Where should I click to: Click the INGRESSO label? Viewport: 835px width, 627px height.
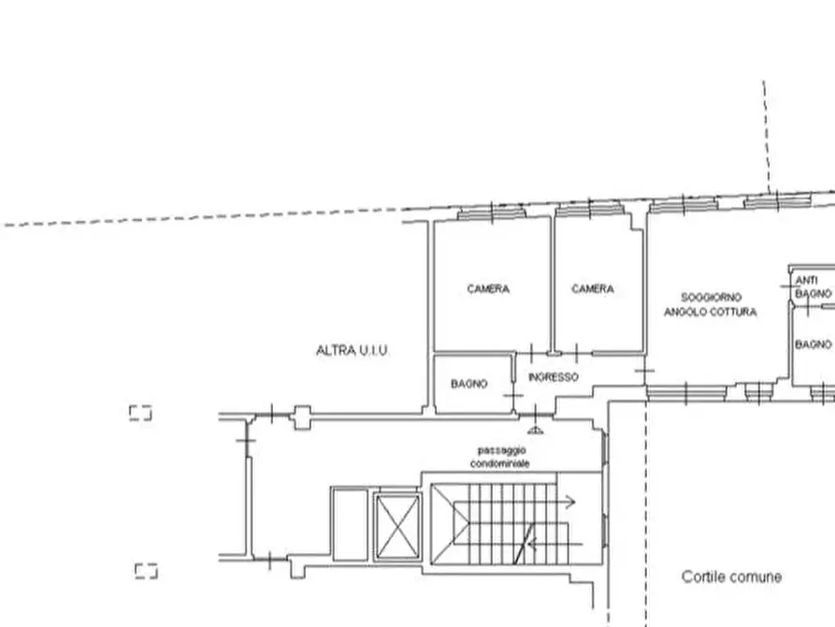pyautogui.click(x=553, y=377)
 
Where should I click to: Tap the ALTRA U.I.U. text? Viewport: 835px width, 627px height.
pyautogui.click(x=352, y=350)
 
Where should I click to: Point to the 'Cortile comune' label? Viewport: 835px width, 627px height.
pyautogui.click(x=731, y=576)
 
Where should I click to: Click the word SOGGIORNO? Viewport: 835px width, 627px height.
pyautogui.click(x=712, y=298)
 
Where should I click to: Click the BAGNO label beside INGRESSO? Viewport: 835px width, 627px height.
pyautogui.click(x=469, y=384)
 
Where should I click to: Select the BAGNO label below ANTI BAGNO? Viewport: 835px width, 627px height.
pyautogui.click(x=813, y=344)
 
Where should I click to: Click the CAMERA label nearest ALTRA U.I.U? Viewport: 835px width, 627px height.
pyautogui.click(x=488, y=289)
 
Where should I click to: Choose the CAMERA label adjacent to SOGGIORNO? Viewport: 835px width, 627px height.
pyautogui.click(x=593, y=289)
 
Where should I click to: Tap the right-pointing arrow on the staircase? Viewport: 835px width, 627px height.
pyautogui.click(x=569, y=503)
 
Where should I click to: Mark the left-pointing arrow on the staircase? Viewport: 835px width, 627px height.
pyautogui.click(x=573, y=542)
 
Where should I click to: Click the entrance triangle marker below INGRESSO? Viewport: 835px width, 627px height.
pyautogui.click(x=535, y=430)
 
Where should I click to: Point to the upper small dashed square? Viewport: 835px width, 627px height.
pyautogui.click(x=140, y=412)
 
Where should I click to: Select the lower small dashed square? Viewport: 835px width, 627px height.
pyautogui.click(x=146, y=570)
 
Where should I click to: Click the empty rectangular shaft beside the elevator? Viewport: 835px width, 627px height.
pyautogui.click(x=350, y=524)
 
